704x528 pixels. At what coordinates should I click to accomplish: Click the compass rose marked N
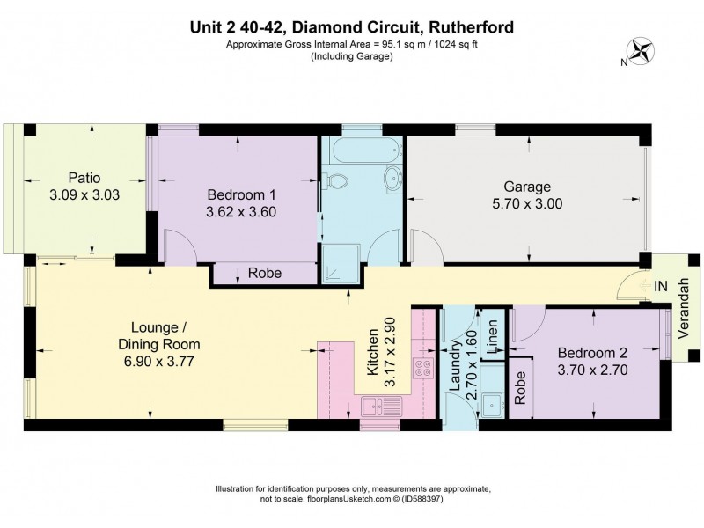[640, 51]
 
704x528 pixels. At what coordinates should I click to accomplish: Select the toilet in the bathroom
[336, 181]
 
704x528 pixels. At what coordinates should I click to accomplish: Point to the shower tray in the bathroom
[337, 251]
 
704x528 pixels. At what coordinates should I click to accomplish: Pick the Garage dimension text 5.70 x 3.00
[527, 203]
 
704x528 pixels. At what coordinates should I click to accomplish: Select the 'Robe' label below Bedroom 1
[264, 274]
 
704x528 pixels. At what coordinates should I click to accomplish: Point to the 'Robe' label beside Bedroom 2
[520, 389]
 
